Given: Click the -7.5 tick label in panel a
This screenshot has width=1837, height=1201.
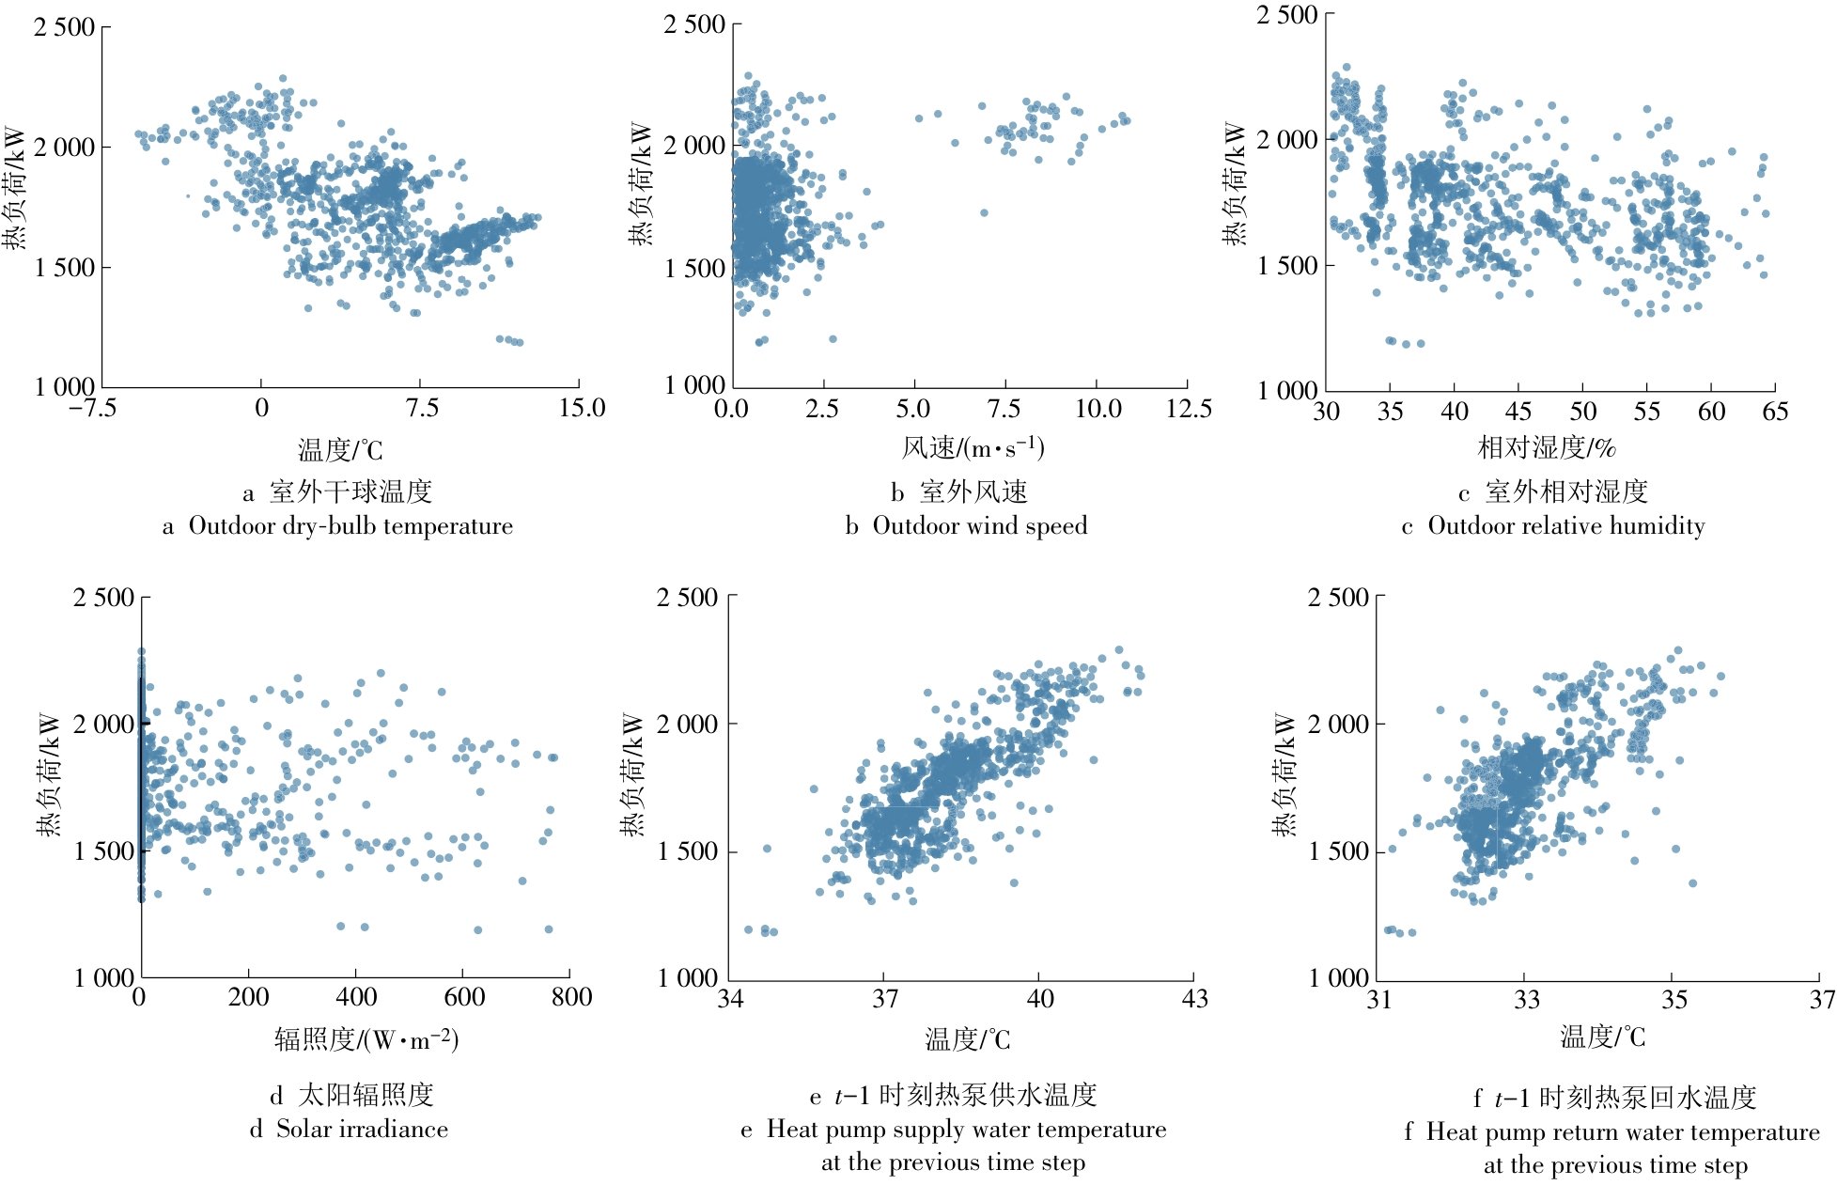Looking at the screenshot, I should pos(92,408).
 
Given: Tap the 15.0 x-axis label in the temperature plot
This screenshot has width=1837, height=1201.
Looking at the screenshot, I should pos(582,408).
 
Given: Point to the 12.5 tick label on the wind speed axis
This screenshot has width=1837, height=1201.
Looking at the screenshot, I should pos(1189,409).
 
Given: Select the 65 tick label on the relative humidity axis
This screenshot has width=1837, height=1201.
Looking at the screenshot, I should pos(1775,412).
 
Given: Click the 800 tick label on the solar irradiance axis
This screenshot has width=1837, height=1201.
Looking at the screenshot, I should pos(571,997).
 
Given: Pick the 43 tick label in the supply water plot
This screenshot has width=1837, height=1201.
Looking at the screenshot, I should pos(1194,998).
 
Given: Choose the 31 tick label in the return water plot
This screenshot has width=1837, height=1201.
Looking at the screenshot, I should pos(1379,999).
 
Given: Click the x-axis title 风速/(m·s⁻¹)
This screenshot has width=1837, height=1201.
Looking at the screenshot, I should pos(973,447).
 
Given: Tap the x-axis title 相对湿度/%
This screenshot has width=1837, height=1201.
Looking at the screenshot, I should pos(1547,447).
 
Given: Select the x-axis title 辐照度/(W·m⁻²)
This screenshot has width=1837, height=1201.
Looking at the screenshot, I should pos(366,1039).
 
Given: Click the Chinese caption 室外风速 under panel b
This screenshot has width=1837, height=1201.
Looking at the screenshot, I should pos(973,491).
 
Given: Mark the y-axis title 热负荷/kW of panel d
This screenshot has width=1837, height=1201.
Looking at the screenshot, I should pos(49,774).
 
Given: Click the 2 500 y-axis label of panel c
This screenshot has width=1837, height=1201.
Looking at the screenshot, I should pos(1287,15).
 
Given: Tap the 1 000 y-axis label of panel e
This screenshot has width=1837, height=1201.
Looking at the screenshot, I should pos(687,978).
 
